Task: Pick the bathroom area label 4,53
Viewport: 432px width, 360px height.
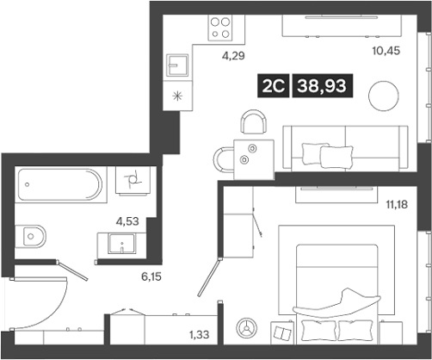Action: tap(128, 220)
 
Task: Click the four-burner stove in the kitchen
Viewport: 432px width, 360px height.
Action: tap(221, 28)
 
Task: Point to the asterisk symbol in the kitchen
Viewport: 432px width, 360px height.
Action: tap(178, 96)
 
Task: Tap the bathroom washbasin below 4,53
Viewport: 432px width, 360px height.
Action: tap(127, 245)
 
